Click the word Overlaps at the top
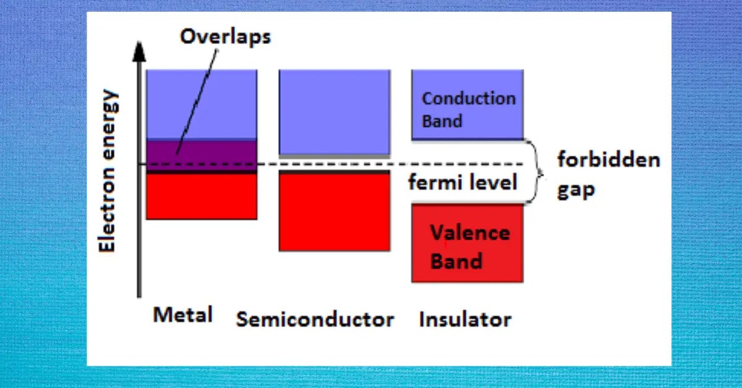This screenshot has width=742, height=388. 225,37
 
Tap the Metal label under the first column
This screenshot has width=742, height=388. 182,314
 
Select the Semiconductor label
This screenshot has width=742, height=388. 315,319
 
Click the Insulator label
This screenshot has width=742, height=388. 464,319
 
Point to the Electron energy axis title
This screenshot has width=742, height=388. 109,171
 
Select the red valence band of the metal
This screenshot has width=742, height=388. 201,196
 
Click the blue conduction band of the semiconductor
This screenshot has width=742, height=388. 334,111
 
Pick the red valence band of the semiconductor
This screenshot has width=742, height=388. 334,213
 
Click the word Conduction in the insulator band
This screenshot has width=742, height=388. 468,99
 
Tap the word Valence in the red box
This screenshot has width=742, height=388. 470,233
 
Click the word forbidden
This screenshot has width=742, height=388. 608,160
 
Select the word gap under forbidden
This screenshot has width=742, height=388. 576,190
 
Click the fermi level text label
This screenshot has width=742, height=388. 462,182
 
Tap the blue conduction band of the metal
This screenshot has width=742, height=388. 201,104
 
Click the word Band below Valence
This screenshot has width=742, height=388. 456,261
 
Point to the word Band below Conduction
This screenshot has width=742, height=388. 441,120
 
